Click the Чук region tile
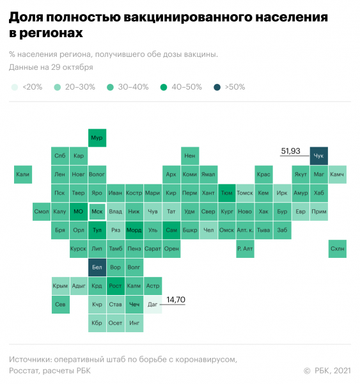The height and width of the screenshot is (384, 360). (318, 156)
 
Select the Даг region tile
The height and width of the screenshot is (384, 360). (152, 305)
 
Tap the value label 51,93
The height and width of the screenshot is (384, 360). (291, 151)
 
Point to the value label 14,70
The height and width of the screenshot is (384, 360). (176, 299)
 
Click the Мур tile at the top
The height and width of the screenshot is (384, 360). (97, 138)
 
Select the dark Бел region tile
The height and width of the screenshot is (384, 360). (97, 268)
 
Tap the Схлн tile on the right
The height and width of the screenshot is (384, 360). (338, 249)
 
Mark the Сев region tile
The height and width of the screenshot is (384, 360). (59, 305)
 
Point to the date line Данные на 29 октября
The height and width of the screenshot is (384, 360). (51, 67)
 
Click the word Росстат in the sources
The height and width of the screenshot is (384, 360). (26, 370)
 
